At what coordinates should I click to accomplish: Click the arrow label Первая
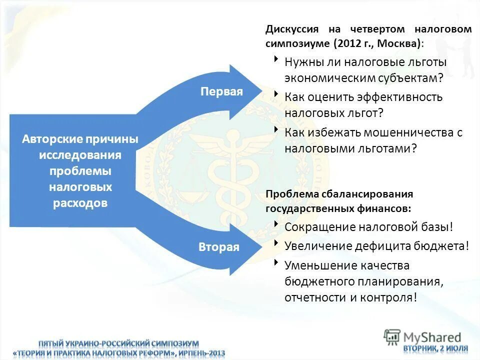[x=221, y=91]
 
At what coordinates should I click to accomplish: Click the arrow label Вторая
[x=219, y=247]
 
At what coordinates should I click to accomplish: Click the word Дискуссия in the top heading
[x=291, y=29]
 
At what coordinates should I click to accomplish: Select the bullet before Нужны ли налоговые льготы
[x=276, y=59]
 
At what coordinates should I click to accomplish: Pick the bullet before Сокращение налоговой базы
[x=276, y=224]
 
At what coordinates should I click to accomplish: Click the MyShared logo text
[x=432, y=337]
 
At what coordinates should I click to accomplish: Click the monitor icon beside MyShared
[x=392, y=337]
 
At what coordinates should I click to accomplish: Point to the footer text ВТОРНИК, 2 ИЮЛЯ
[x=436, y=348]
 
